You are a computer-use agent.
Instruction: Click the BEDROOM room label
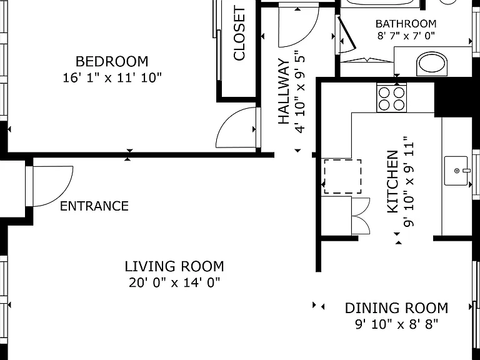(x=112, y=61)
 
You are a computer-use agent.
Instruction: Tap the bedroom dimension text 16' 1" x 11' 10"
(x=112, y=77)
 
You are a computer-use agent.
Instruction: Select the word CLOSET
(x=239, y=34)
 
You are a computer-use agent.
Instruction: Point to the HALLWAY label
(x=284, y=91)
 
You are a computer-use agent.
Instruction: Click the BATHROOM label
(x=406, y=24)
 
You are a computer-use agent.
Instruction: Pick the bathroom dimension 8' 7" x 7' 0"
(x=406, y=36)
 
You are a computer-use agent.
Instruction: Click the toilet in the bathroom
(x=432, y=64)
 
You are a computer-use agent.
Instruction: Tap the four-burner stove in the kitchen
(x=391, y=99)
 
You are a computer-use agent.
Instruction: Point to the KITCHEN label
(x=392, y=181)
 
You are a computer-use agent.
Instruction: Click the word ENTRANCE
(x=94, y=206)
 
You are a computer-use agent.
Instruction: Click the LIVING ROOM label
(x=174, y=266)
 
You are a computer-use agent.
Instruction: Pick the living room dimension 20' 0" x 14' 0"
(x=174, y=282)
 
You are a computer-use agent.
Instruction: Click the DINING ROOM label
(x=396, y=308)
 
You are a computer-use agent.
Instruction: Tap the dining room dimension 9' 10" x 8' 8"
(x=396, y=324)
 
